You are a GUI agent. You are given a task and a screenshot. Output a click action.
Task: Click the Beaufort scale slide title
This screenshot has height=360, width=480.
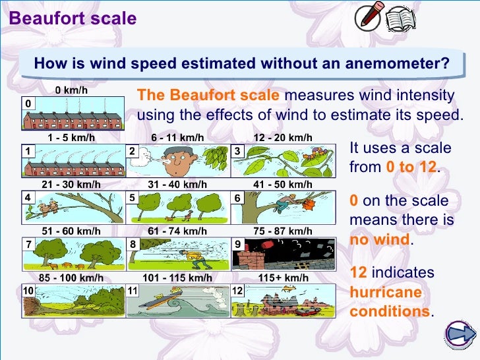pyautogui.click(x=73, y=18)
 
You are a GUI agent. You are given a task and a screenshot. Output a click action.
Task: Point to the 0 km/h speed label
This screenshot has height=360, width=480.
pyautogui.click(x=71, y=90)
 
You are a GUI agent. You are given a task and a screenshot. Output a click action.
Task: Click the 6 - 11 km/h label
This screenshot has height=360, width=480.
pyautogui.click(x=177, y=138)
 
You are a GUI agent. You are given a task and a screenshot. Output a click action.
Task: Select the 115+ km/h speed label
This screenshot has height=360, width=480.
pyautogui.click(x=283, y=278)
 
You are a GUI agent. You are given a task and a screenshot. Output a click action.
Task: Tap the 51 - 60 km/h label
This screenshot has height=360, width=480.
pyautogui.click(x=71, y=231)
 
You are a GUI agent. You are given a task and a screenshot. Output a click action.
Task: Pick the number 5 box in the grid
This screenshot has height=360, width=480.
pyautogui.click(x=133, y=197)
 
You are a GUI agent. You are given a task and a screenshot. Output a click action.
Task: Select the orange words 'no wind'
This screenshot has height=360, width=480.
pyautogui.click(x=380, y=239)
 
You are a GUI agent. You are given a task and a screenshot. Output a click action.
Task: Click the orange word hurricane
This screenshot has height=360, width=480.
pyautogui.click(x=386, y=292)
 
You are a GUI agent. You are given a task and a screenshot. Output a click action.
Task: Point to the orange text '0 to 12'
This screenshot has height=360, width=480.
pyautogui.click(x=410, y=167)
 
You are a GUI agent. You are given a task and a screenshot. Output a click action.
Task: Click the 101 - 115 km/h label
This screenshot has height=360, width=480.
pyautogui.click(x=177, y=278)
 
